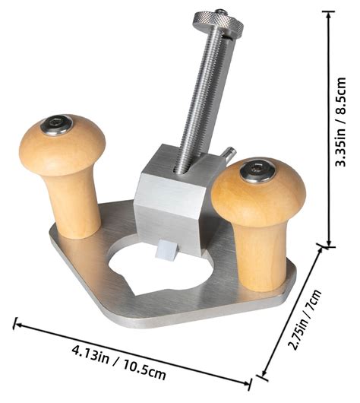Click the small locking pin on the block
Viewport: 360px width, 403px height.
pyautogui.click(x=226, y=154)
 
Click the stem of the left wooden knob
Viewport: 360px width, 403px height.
pyautogui.click(x=74, y=205)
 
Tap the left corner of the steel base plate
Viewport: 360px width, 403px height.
pyautogui.click(x=52, y=237)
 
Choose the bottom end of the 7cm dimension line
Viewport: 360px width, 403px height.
pyautogui.click(x=263, y=373)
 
